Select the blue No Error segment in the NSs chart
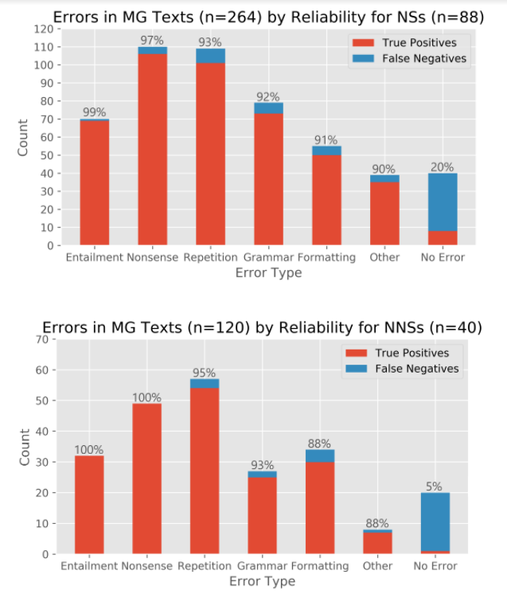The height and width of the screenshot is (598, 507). [443, 202]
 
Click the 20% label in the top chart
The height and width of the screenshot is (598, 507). [443, 167]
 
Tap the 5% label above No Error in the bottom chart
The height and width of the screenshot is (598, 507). [435, 486]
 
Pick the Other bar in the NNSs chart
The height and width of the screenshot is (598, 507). [377, 543]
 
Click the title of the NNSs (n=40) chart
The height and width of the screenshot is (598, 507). [262, 327]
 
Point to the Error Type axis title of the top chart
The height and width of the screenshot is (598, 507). [268, 273]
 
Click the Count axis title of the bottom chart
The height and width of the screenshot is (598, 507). [25, 447]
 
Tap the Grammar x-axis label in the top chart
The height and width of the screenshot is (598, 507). [268, 258]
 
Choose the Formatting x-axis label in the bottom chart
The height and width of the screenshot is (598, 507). [320, 566]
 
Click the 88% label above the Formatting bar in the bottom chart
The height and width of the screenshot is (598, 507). [320, 444]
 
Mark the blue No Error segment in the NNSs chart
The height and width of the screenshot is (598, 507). [435, 522]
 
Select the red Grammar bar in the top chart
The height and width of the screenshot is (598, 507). [268, 179]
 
